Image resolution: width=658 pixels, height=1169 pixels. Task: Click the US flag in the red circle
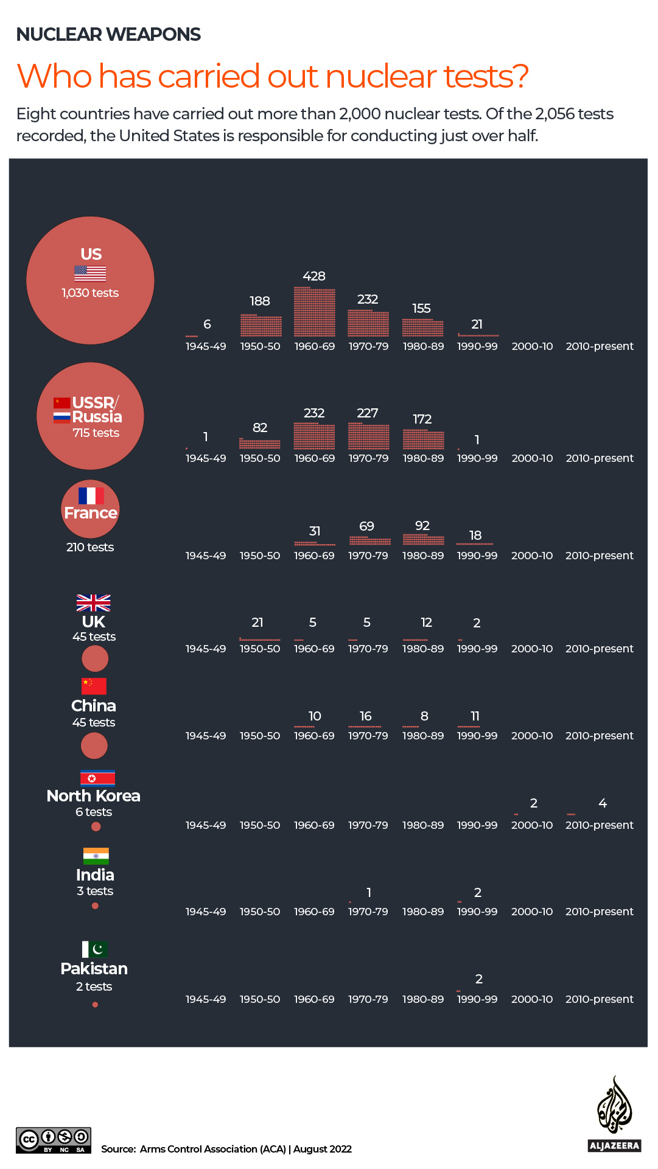coord(90,273)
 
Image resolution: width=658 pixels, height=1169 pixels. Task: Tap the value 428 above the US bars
coord(314,276)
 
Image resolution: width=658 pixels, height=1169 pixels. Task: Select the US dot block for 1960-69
coord(314,312)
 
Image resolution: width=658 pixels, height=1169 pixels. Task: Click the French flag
coord(91,495)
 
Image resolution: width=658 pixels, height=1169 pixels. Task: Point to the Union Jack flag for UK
coord(93,602)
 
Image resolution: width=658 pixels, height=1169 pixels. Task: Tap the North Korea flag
coord(97,778)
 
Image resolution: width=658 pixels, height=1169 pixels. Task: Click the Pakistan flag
coord(95,949)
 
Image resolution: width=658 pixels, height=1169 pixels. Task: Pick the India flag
coord(96,856)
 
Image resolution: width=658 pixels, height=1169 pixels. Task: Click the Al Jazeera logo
coord(615,1114)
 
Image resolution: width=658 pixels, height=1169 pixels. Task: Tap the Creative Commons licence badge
coord(54,1140)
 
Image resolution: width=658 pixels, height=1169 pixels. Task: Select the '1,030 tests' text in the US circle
coord(90,293)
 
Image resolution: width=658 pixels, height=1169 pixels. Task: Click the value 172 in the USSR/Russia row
coord(422,419)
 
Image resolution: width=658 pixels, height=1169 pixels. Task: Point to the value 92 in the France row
coord(422,526)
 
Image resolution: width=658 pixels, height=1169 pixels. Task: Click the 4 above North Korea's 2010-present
coord(603,803)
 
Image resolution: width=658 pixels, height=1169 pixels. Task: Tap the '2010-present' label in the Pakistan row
coord(600,999)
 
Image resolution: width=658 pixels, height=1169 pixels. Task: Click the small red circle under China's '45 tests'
coord(94,745)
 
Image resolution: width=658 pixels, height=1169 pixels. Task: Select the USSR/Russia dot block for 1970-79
coord(368,436)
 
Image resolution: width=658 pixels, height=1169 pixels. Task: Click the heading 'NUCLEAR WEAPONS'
coord(108,35)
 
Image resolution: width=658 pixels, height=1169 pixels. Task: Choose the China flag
coord(94,686)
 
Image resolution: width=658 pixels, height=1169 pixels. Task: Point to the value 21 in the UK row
coord(257,623)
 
